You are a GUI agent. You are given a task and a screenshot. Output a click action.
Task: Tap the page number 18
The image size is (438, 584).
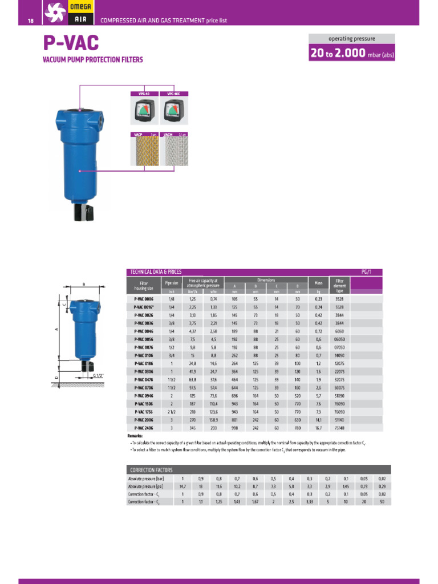click(31, 21)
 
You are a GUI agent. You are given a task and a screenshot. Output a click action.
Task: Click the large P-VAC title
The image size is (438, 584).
click(71, 43)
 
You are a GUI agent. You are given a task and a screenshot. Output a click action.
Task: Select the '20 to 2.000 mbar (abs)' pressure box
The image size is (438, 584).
click(351, 54)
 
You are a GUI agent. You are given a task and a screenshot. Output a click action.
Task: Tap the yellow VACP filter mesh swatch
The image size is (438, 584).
click(144, 153)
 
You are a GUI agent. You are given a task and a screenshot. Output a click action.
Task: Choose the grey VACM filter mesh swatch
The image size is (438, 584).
click(174, 153)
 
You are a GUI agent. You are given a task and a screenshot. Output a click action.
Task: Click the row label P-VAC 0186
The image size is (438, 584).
click(144, 363)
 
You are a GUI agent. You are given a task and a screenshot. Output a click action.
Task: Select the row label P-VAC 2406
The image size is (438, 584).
click(144, 427)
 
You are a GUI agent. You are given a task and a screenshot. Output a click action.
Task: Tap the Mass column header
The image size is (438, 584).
click(318, 283)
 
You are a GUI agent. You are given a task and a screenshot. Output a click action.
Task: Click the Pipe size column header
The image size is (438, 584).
click(172, 282)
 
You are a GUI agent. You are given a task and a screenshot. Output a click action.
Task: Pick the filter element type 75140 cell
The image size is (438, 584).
click(339, 427)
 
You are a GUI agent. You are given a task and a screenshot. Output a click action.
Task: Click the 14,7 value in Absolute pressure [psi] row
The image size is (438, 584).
click(182, 486)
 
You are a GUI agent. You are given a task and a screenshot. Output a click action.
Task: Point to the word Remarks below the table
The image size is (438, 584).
click(135, 435)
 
